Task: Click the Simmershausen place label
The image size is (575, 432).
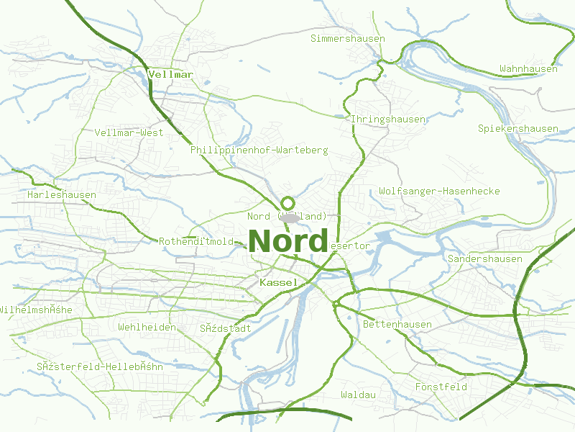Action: (x=348, y=38)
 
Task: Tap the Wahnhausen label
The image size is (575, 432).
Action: (x=528, y=69)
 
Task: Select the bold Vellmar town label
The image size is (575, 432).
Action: (x=170, y=74)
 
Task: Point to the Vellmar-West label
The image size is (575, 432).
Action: (x=129, y=132)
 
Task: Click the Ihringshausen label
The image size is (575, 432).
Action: (x=387, y=119)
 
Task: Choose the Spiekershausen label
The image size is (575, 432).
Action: (x=518, y=129)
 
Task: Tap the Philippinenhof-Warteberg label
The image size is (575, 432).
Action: (x=259, y=150)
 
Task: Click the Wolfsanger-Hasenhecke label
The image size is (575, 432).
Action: (x=439, y=192)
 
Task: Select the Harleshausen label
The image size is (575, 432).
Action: (x=62, y=195)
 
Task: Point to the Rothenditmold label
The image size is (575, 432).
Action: (x=196, y=242)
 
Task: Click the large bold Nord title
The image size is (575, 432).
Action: (x=288, y=241)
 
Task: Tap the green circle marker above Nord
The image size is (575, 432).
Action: (x=288, y=203)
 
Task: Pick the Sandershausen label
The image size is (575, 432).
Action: (x=484, y=258)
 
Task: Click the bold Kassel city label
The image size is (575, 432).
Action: (x=278, y=282)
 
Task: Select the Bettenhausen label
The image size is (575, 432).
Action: (x=397, y=325)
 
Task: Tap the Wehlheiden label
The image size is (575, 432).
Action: (x=147, y=328)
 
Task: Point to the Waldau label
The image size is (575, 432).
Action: (x=359, y=395)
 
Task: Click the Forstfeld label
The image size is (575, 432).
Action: (x=441, y=387)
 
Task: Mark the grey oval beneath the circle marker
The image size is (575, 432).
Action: (x=290, y=217)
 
